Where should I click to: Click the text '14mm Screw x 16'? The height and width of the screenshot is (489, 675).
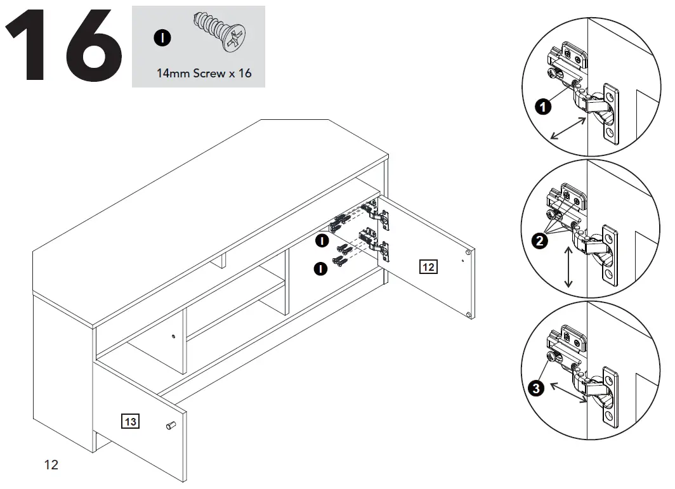click(x=204, y=73)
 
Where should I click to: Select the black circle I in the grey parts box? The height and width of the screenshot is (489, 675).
click(x=163, y=39)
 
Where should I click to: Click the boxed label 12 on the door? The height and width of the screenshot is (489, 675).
click(x=428, y=267)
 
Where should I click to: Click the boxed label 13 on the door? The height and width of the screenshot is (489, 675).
click(x=130, y=421)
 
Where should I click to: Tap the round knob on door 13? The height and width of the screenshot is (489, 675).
click(x=169, y=425)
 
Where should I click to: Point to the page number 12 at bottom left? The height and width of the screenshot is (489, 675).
click(x=51, y=465)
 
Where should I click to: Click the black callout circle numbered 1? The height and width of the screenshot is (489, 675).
click(x=542, y=107)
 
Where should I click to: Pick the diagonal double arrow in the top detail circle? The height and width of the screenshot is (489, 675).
click(x=568, y=128)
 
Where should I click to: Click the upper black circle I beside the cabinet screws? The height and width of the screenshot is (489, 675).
click(x=322, y=240)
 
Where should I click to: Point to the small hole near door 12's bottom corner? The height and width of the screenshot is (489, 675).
click(x=468, y=315)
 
